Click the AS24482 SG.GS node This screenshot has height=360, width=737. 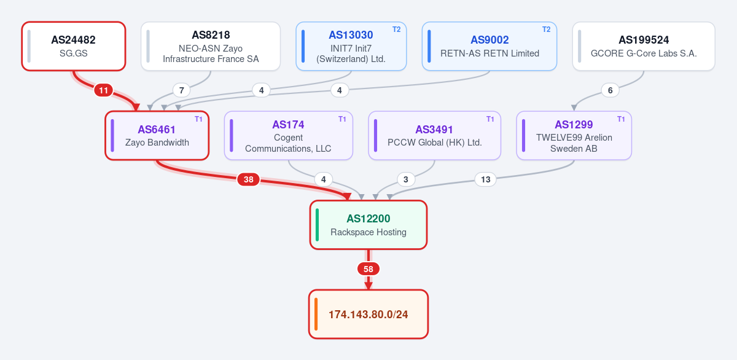74,46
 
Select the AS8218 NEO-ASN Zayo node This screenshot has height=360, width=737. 211,46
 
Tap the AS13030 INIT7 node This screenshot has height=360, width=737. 351,46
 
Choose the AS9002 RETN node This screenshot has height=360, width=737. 489,46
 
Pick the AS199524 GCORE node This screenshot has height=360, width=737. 644,46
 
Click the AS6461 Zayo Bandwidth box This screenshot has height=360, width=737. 157,136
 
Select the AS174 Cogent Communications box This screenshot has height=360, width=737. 289,136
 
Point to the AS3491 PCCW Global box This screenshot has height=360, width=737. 435,136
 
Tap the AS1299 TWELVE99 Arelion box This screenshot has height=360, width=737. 574,136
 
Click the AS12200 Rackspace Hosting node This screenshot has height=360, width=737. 368,225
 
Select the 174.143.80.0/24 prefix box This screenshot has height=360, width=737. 368,315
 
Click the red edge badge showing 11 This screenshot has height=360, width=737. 104,90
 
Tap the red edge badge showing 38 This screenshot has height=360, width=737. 248,179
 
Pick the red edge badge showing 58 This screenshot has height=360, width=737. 368,269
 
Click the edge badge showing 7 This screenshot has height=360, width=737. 181,90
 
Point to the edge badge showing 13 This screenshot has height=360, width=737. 486,179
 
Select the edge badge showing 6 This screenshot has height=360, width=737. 610,90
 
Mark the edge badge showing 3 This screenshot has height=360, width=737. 406,179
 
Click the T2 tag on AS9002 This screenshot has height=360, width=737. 546,29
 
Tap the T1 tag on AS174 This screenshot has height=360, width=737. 342,119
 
